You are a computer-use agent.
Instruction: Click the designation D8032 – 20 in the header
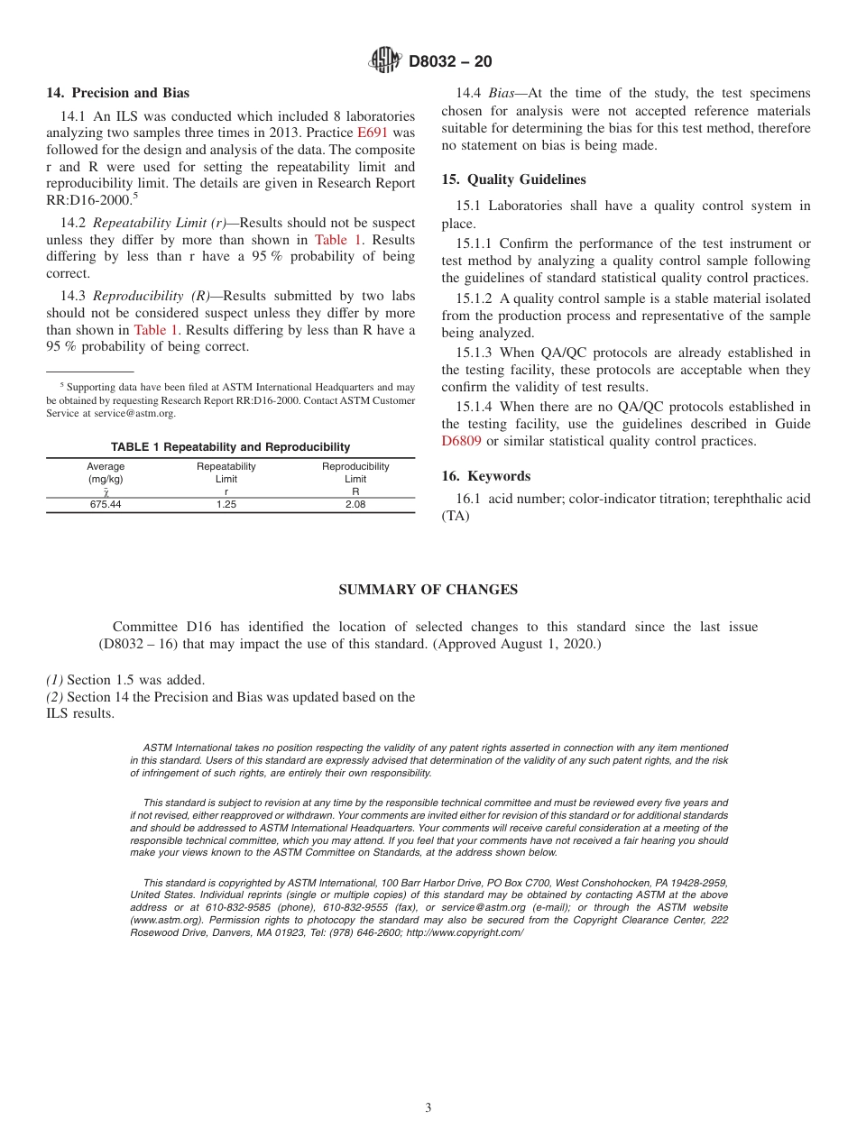450,62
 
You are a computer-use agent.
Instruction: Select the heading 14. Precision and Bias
117,93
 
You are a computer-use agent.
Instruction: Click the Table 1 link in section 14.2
338,240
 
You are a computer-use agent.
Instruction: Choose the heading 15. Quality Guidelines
513,179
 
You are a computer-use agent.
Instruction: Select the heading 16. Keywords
485,476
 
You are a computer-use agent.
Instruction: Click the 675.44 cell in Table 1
106,505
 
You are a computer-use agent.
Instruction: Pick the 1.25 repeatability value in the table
226,505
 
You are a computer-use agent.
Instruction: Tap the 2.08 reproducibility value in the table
355,505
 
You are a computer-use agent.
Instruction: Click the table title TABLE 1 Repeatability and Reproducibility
230,447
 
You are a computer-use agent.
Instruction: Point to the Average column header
106,466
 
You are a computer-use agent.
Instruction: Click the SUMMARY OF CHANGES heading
428,590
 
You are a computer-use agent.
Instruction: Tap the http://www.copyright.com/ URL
465,932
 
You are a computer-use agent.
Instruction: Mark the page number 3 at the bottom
428,1108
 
